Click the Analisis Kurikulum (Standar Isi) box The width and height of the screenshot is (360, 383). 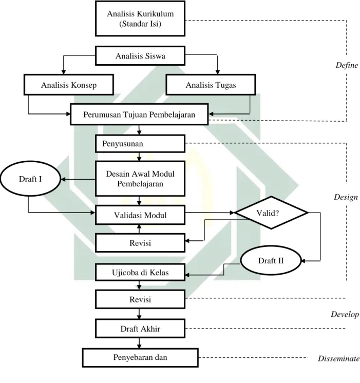pyautogui.click(x=140, y=18)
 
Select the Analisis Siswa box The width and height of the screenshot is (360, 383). pyautogui.click(x=140, y=56)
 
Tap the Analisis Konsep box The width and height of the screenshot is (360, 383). pyautogui.click(x=69, y=85)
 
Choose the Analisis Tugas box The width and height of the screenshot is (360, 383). pyautogui.click(x=211, y=85)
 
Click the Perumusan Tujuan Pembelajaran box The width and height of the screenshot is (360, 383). pyautogui.click(x=139, y=114)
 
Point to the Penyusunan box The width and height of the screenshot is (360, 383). pyautogui.click(x=140, y=144)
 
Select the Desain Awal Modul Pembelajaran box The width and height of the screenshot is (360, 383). pyautogui.click(x=140, y=179)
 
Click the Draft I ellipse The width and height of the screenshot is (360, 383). pyautogui.click(x=30, y=179)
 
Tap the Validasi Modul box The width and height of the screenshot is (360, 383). pyautogui.click(x=140, y=215)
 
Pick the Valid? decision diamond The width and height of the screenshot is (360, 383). pyautogui.click(x=271, y=213)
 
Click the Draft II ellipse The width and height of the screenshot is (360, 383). pyautogui.click(x=271, y=260)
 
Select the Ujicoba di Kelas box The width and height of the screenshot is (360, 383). pyautogui.click(x=140, y=272)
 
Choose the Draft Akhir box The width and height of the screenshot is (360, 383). pyautogui.click(x=140, y=329)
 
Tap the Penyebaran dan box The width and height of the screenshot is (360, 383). pyautogui.click(x=140, y=358)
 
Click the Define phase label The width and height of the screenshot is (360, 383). pyautogui.click(x=347, y=65)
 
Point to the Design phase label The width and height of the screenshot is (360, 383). pyautogui.click(x=346, y=197)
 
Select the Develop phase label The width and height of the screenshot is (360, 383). pyautogui.click(x=345, y=314)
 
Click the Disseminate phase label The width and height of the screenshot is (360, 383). pyautogui.click(x=339, y=358)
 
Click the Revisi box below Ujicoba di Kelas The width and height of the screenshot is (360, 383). pyautogui.click(x=140, y=299)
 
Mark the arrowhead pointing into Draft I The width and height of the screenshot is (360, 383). pyautogui.click(x=63, y=180)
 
